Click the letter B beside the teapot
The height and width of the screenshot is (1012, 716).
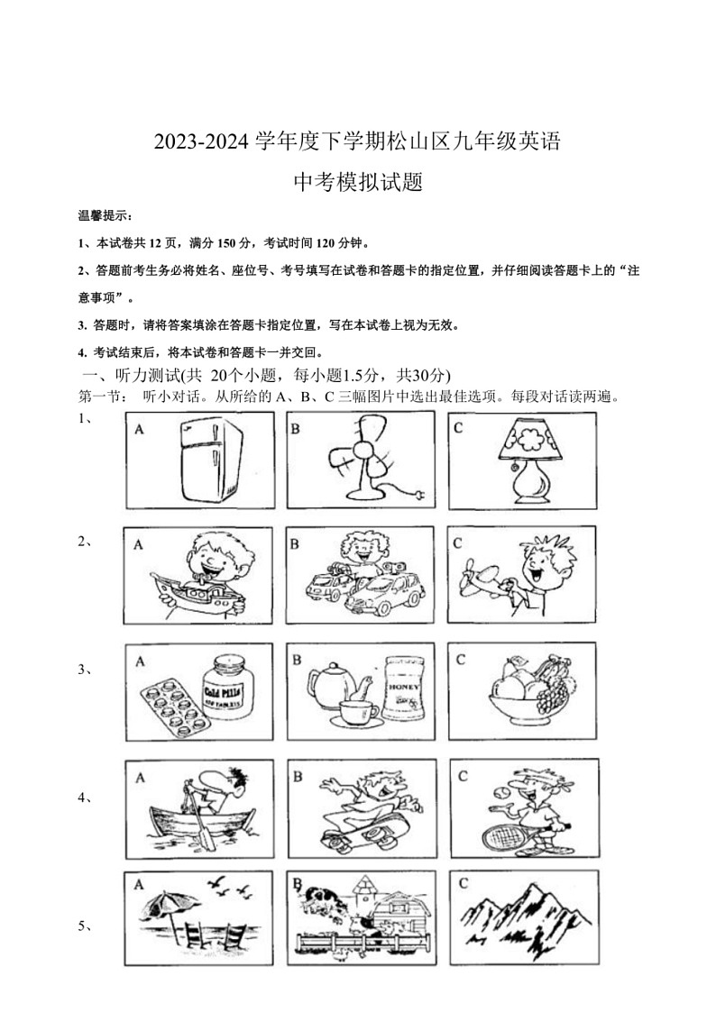[x=296, y=660]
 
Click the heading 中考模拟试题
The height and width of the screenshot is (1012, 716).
[x=359, y=183]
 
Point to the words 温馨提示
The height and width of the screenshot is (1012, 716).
[x=105, y=215]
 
